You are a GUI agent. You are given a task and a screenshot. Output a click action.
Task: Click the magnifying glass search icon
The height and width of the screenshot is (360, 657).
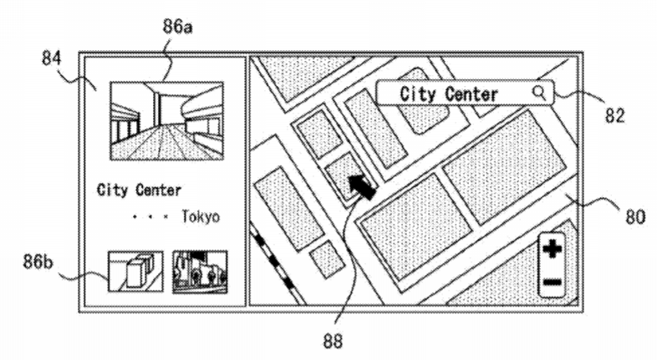pos(539,93)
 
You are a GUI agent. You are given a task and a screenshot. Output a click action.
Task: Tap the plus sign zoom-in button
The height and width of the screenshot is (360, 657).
pos(552,250)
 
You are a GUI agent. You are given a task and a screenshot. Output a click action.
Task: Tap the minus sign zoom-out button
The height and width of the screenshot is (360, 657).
pos(552,281)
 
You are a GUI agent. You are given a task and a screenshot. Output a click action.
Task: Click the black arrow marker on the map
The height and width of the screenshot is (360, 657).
pos(362,187)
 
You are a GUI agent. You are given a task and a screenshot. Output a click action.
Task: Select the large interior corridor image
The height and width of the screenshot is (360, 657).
pos(167,121)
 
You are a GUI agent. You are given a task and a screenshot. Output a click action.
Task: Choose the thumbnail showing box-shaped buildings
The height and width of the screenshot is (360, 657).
pos(135,271)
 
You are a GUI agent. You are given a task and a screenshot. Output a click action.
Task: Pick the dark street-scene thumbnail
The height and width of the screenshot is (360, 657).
pos(201,271)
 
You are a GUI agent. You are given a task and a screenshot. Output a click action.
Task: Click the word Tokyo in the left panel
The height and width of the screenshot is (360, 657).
pos(201,217)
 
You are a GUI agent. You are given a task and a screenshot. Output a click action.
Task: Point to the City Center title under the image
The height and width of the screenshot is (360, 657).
pos(139,190)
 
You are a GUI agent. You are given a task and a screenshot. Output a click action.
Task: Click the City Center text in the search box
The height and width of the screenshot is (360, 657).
pos(449,94)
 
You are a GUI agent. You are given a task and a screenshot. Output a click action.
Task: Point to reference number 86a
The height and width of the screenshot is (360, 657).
pos(178,27)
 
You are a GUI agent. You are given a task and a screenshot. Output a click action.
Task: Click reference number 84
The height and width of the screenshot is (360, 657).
pos(52,58)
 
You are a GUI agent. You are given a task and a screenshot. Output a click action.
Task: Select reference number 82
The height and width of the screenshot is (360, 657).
pos(614,115)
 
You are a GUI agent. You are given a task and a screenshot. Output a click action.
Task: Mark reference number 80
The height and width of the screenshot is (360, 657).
pos(635,217)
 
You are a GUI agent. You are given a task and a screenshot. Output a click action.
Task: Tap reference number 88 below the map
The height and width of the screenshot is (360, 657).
pos(333,341)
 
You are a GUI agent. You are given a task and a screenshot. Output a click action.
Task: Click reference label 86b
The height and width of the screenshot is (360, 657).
pos(38,262)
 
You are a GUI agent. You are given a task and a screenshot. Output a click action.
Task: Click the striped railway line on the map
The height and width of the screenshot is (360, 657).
pos(276,263)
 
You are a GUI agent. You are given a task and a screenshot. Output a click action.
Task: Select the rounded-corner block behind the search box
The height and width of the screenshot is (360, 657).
pos(431,113)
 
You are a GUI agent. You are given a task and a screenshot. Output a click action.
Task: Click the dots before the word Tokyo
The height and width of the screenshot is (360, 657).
pos(150,217)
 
